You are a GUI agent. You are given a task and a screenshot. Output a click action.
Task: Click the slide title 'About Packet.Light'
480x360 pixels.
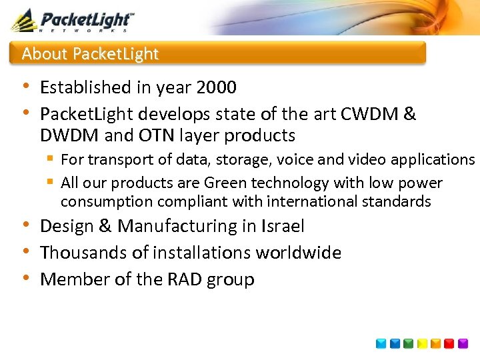pos(90,54)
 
